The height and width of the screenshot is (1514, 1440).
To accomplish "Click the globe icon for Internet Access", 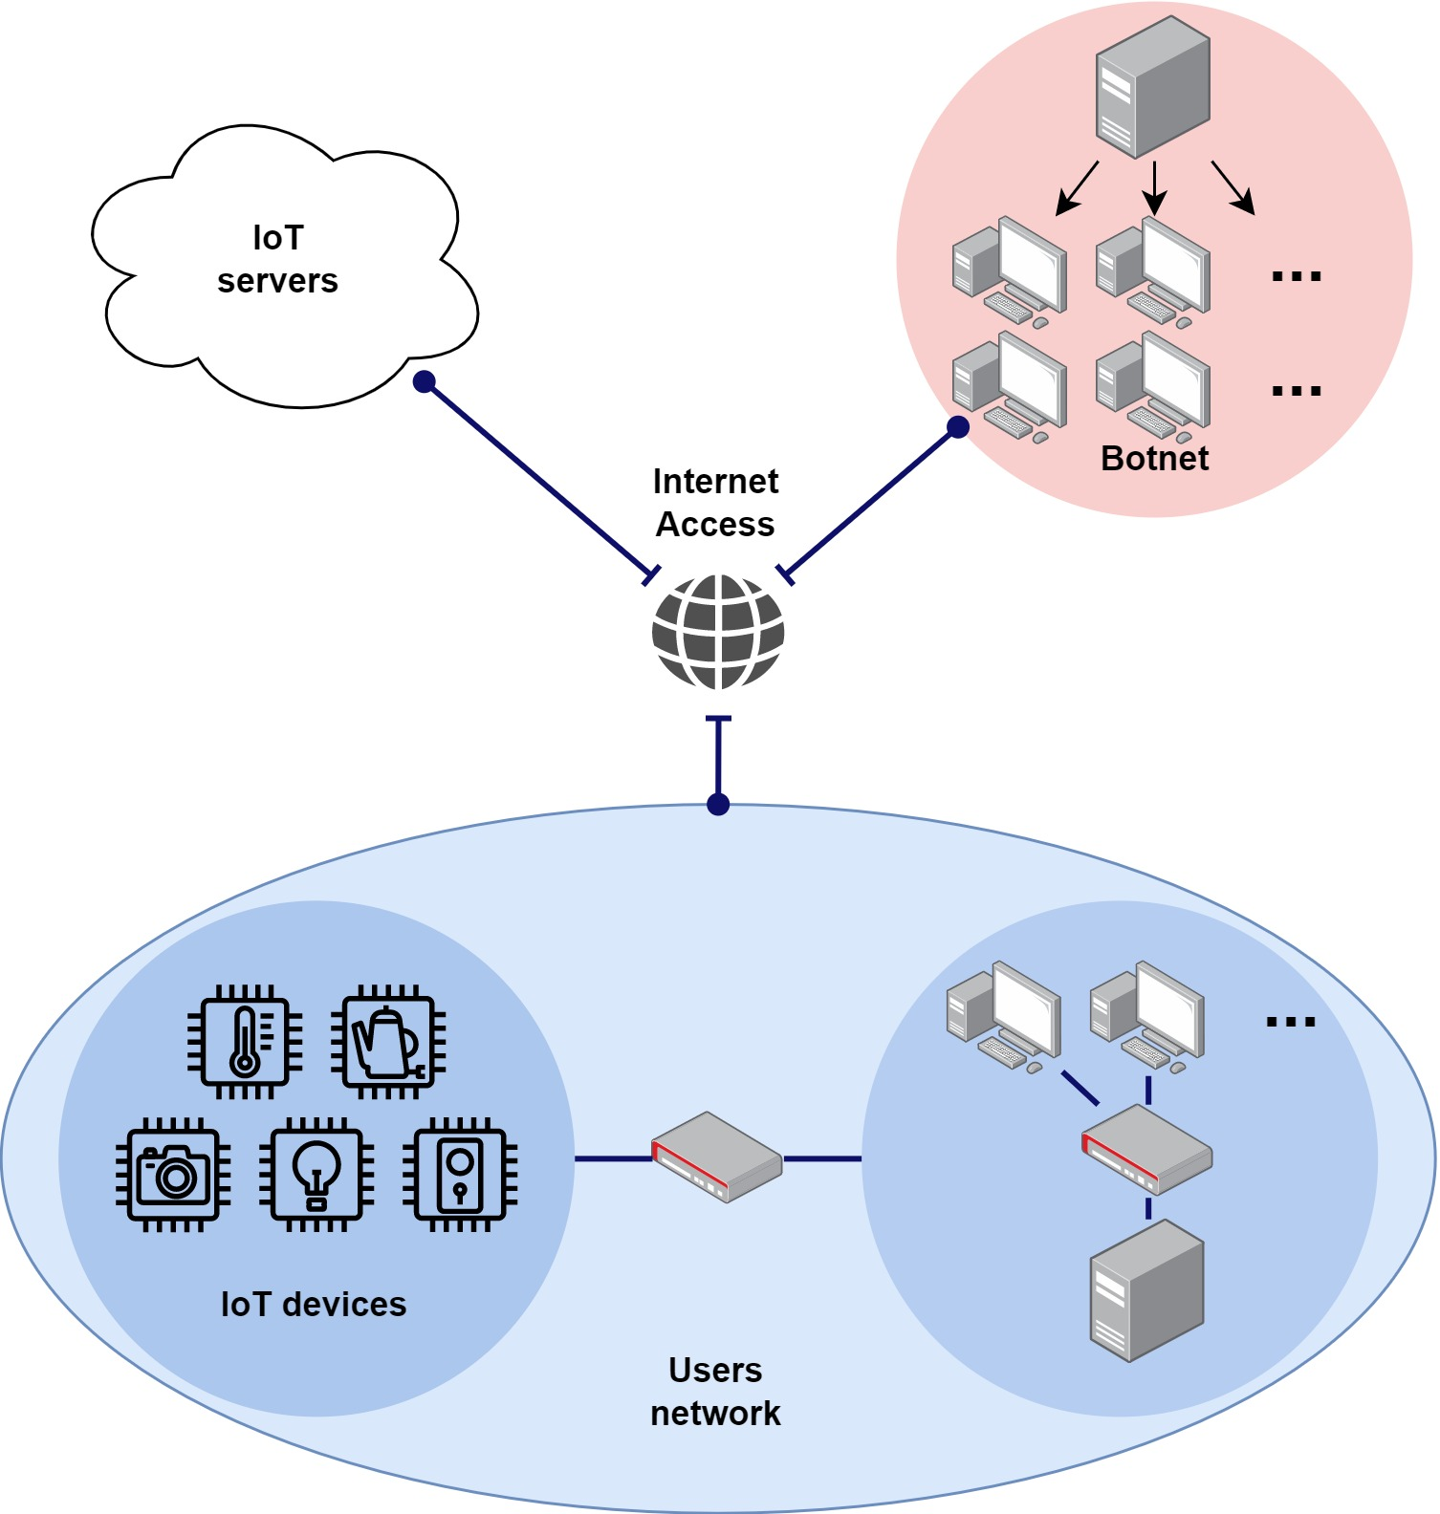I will click(718, 632).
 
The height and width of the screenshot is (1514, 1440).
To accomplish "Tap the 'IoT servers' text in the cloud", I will click(277, 259).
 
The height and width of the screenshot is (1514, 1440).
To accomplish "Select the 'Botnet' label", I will click(1154, 459).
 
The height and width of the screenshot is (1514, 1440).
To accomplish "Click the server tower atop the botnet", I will click(1152, 86).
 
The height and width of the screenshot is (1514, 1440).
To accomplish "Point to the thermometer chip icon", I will click(245, 1042).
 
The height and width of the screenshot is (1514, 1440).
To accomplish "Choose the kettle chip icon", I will click(388, 1042).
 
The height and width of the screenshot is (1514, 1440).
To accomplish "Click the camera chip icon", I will click(173, 1175).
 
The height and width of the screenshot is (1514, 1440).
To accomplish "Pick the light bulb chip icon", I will click(316, 1175).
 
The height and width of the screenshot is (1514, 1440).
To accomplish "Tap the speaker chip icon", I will click(460, 1175).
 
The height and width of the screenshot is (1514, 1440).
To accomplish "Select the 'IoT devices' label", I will click(314, 1305).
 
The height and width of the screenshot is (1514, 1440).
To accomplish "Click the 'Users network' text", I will click(715, 1392).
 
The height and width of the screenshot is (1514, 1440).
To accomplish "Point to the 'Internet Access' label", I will click(715, 503).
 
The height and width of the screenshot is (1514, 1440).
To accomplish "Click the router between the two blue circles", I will click(717, 1157).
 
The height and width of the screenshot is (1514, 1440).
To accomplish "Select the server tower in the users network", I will click(1146, 1289).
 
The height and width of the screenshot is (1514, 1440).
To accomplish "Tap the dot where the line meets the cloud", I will click(425, 382).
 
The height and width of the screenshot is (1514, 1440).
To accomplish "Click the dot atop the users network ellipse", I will click(718, 805).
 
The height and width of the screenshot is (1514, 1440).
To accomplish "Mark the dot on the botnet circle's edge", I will click(958, 427).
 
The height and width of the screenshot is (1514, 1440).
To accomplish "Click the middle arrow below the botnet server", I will click(1155, 188).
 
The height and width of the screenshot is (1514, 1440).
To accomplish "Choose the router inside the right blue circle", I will click(1146, 1150).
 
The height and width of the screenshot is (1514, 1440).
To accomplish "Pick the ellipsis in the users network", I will click(1291, 1023).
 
